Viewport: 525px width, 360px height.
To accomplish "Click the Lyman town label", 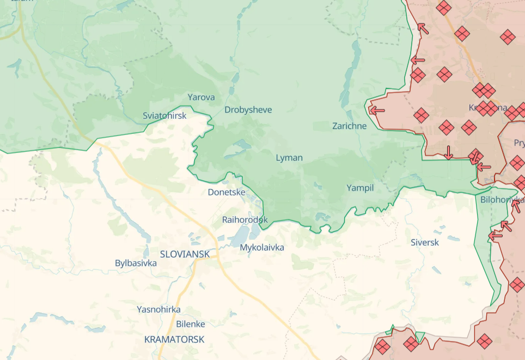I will (x=289, y=158).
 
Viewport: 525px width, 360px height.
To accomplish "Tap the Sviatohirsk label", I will (x=164, y=116).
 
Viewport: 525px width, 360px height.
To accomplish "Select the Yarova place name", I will (x=201, y=97).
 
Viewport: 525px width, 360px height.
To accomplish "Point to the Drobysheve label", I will (x=248, y=110).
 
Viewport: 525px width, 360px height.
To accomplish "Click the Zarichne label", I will (x=350, y=126).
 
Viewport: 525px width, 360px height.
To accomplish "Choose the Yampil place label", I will (x=360, y=188).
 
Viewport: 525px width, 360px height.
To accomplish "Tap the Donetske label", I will (x=227, y=192).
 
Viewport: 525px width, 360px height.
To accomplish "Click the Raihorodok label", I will (x=245, y=220).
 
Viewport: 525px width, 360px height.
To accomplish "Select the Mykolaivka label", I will (x=262, y=247).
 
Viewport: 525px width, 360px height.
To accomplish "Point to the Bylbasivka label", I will (x=136, y=264).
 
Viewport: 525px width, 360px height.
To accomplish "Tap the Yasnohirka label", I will (x=158, y=309).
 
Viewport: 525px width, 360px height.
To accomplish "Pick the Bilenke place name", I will (x=191, y=324).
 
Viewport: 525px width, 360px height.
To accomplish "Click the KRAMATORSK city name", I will (x=174, y=339).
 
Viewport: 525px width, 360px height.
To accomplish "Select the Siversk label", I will (x=425, y=242).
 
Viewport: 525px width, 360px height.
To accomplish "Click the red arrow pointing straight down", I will (x=448, y=152).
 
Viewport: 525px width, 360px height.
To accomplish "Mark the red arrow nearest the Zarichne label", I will (x=376, y=110).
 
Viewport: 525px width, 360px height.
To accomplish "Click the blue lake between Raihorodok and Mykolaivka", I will (x=240, y=235).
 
